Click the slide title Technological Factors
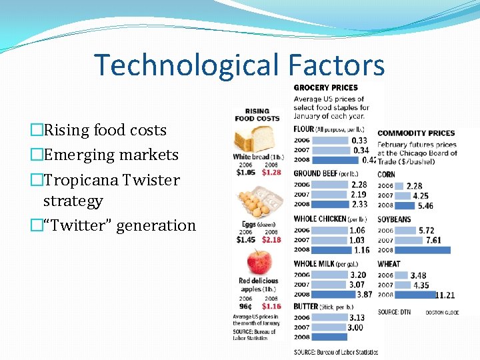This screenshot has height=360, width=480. pyautogui.click(x=239, y=65)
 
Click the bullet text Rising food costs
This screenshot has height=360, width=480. pyautogui.click(x=105, y=130)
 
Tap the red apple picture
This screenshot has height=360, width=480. pyautogui.click(x=259, y=262)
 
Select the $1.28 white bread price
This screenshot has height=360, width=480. pyautogui.click(x=271, y=172)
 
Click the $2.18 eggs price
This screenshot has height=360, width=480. pyautogui.click(x=271, y=239)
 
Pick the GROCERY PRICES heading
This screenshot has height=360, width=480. pyautogui.click(x=325, y=87)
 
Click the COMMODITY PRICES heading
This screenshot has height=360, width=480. pyautogui.click(x=416, y=133)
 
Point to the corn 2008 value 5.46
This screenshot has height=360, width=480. pyautogui.click(x=425, y=206)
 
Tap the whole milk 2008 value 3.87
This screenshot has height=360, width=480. pyautogui.click(x=364, y=294)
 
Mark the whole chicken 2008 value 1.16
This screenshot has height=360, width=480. pyautogui.click(x=361, y=250)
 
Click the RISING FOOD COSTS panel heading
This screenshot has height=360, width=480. pyautogui.click(x=257, y=115)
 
